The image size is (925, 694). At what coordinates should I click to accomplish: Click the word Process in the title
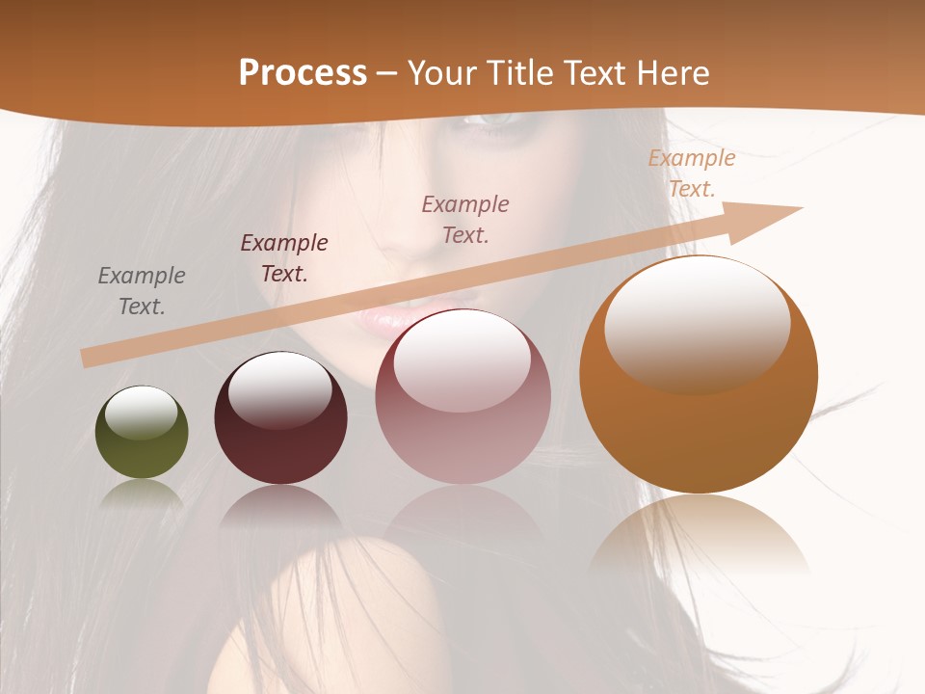point(303,73)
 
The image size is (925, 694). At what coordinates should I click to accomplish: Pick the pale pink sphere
point(462,424)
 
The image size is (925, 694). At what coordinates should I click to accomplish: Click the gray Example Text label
point(142,290)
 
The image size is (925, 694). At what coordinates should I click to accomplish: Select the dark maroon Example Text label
point(284,257)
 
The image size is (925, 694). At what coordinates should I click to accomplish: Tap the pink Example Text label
point(465,219)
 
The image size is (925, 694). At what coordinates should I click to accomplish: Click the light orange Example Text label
point(692,173)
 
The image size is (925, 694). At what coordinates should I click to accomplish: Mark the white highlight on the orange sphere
point(697,323)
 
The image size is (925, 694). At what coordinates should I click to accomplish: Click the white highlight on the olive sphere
point(142,413)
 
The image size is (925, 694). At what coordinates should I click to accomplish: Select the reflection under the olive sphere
point(142,494)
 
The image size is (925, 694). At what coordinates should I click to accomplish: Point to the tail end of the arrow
point(89,358)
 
